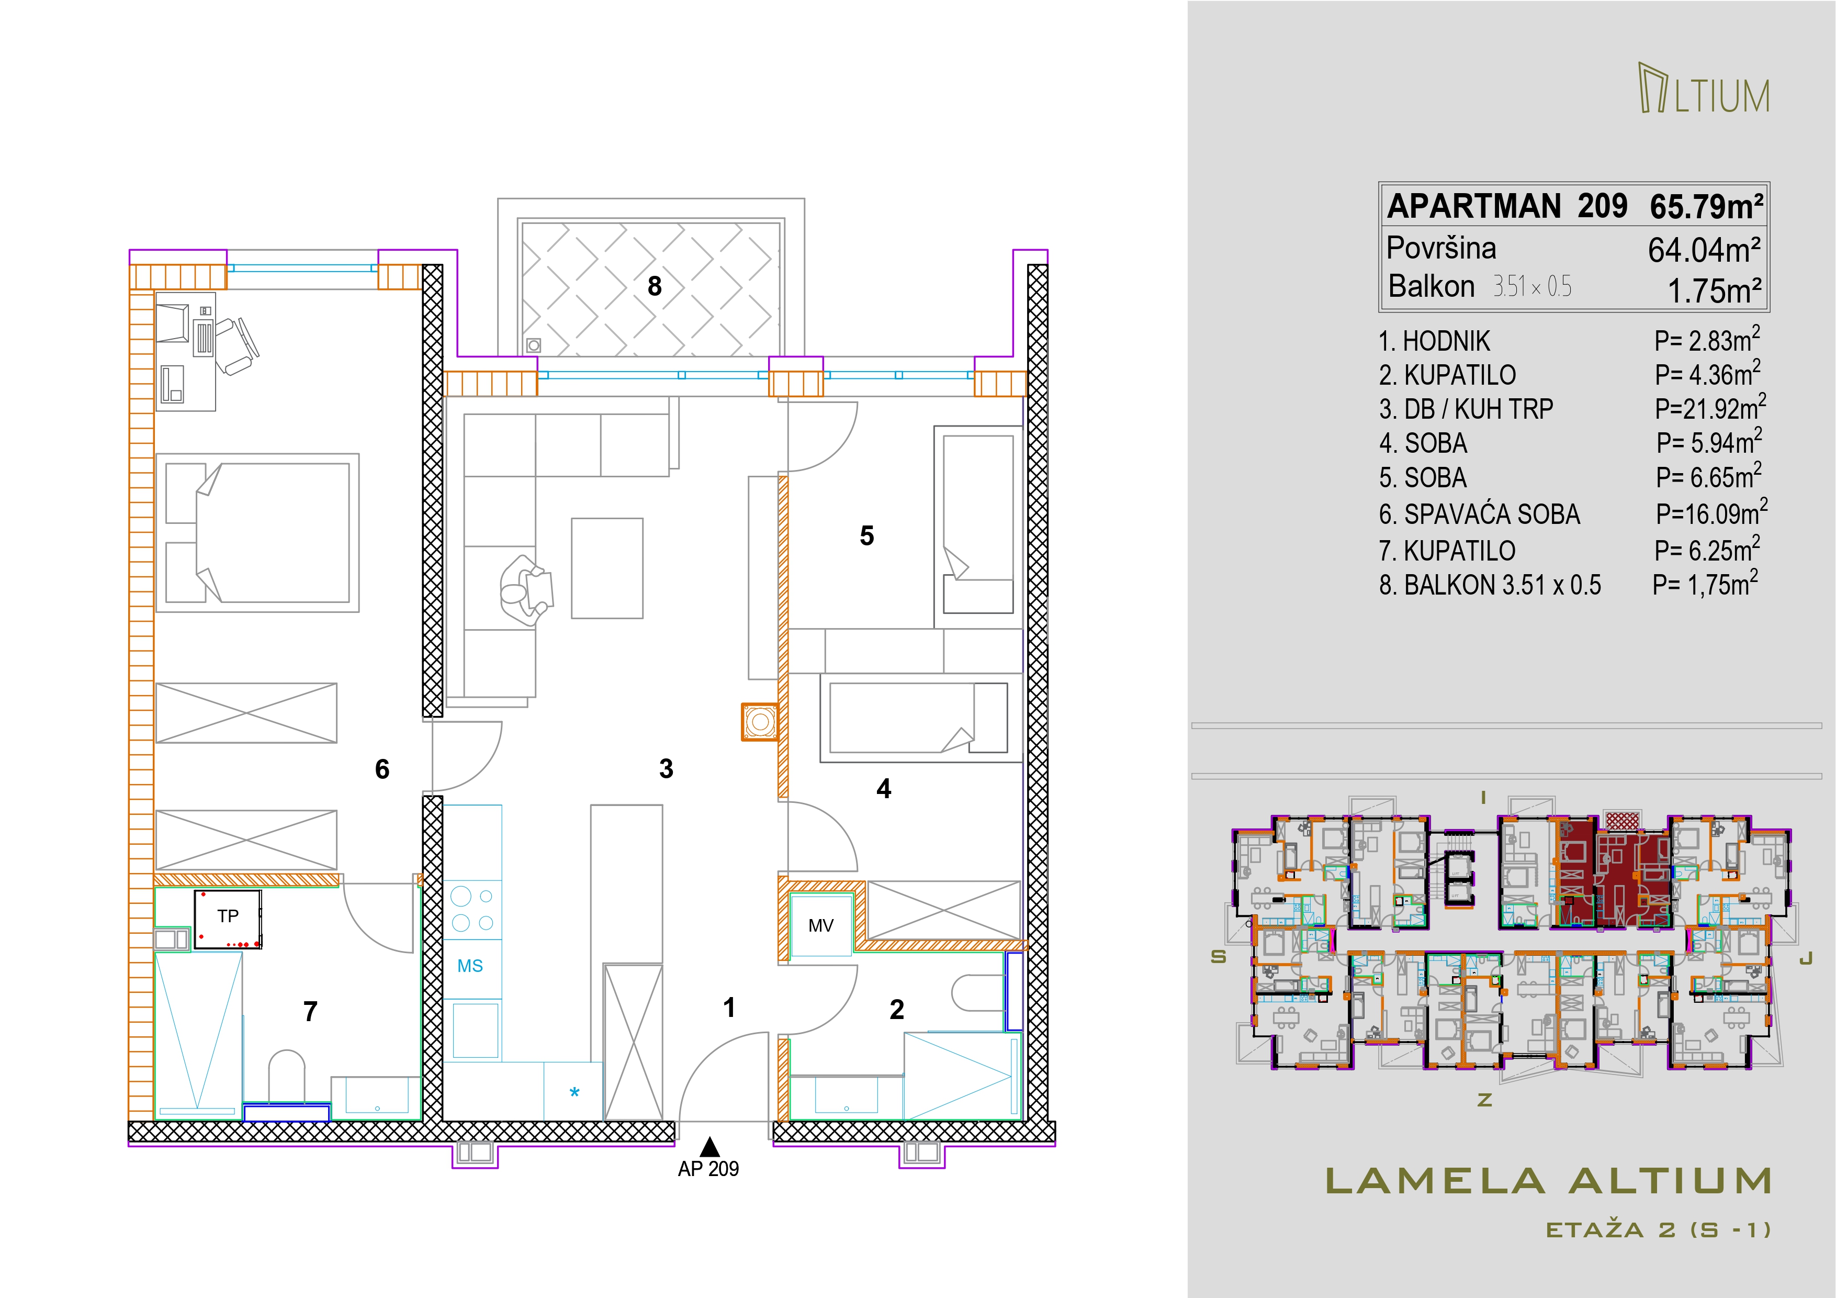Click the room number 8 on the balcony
click(654, 286)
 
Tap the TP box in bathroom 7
click(228, 919)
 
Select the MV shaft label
click(820, 926)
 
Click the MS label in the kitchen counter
click(470, 966)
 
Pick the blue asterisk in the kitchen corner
click(574, 1092)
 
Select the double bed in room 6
click(257, 533)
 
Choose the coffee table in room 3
click(607, 568)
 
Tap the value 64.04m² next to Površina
click(1704, 250)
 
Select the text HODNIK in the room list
click(1447, 341)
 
